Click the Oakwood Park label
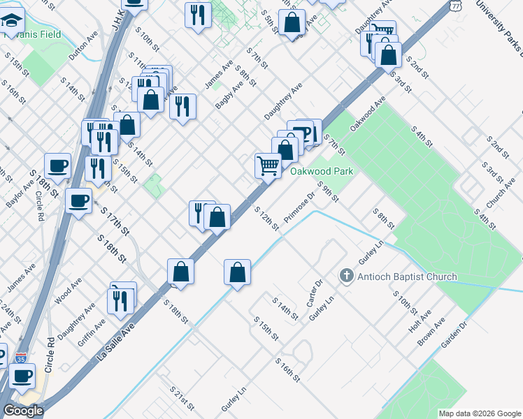(x=320, y=170)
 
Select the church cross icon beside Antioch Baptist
(x=345, y=277)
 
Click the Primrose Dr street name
(x=300, y=207)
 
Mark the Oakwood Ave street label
(x=367, y=114)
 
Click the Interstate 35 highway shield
(x=21, y=357)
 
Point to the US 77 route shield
(x=455, y=5)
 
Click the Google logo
(x=23, y=411)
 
